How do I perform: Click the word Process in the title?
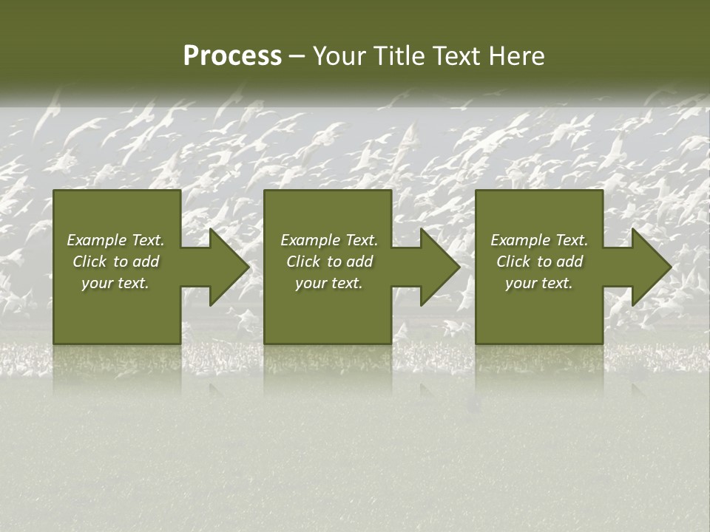pyautogui.click(x=232, y=56)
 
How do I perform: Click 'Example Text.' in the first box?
pyautogui.click(x=115, y=240)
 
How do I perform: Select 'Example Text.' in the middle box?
pyautogui.click(x=328, y=240)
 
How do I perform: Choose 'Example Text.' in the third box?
pyautogui.click(x=539, y=240)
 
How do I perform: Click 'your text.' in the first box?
pyautogui.click(x=115, y=283)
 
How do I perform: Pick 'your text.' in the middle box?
pyautogui.click(x=328, y=283)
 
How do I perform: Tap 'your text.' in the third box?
pyautogui.click(x=539, y=283)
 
